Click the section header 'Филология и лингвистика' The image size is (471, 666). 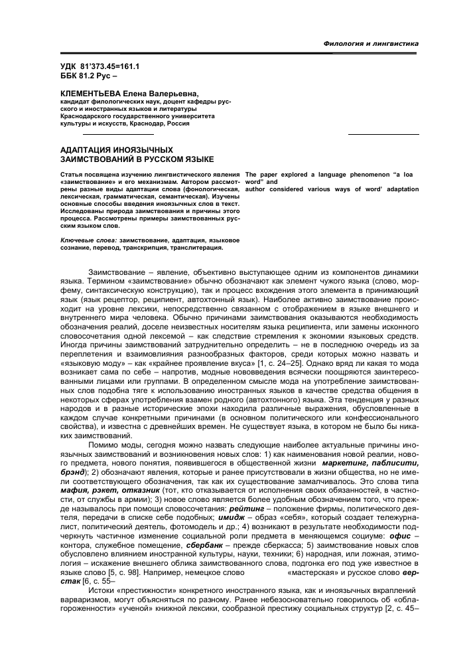coord(371,43)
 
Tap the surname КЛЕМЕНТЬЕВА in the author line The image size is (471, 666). coord(82,95)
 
